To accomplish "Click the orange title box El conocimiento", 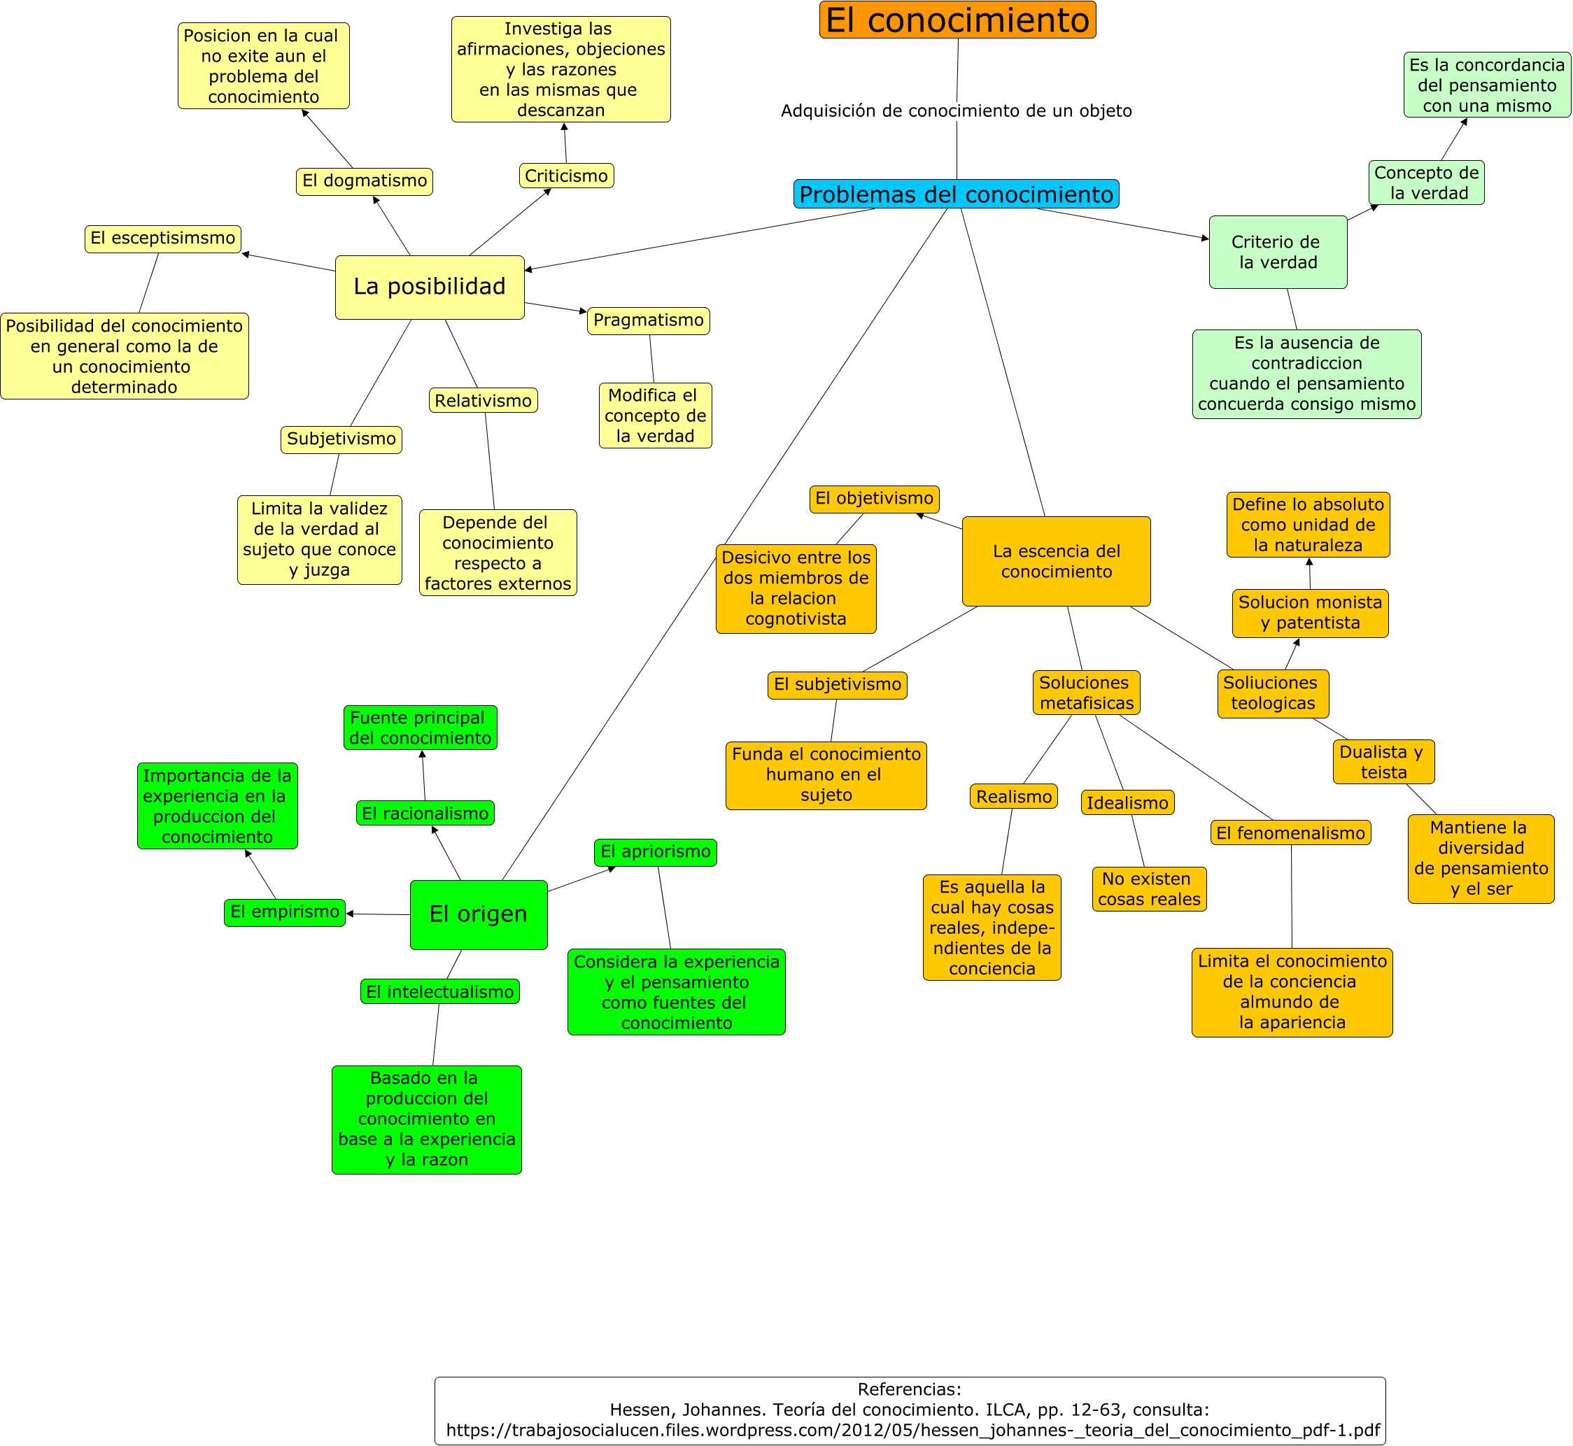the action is tap(957, 20).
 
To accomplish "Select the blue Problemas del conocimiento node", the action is tap(957, 194).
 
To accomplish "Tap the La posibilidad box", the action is tap(430, 287).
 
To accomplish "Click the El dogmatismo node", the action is tap(365, 181).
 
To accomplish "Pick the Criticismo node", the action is tap(567, 176).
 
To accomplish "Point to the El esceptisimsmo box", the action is tap(163, 239).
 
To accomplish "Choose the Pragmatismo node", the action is tap(649, 321).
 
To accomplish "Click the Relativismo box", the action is tap(484, 401).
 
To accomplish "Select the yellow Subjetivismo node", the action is tap(341, 440).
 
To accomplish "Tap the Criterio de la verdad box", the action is tap(1278, 252).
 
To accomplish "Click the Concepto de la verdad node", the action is tap(1427, 183).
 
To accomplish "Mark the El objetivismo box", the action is tap(874, 499).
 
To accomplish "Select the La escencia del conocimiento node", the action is tap(1057, 561).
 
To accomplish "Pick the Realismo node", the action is tap(1014, 797).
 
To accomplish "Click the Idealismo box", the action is tap(1128, 803).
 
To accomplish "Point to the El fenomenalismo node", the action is tap(1290, 832).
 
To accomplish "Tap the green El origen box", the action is tap(479, 915).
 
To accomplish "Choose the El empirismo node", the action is tap(285, 912).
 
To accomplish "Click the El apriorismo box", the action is tap(656, 852).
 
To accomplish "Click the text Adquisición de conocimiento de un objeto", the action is tap(957, 111).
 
